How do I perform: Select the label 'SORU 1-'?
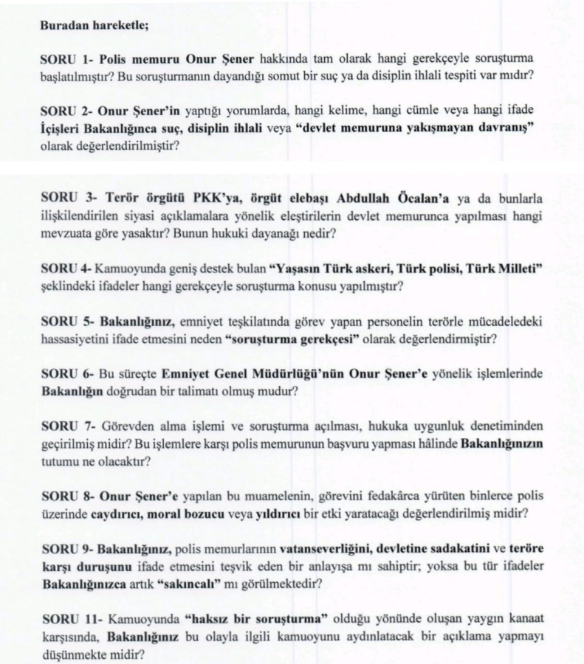63,57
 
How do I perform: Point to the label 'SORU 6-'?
63,374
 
